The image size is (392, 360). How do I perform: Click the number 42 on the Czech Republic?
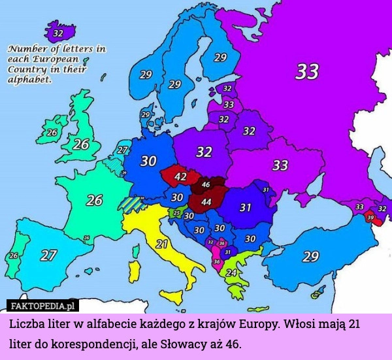click(180, 176)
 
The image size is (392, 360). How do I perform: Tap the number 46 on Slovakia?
click(205, 185)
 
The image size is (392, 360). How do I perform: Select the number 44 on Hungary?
click(205, 202)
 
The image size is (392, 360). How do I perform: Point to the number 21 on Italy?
click(162, 244)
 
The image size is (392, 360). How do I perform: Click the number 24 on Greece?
click(231, 272)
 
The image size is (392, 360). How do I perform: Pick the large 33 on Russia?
click(306, 71)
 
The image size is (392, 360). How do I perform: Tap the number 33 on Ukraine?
click(280, 165)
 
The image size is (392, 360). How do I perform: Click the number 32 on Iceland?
click(58, 33)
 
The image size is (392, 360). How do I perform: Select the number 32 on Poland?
click(204, 152)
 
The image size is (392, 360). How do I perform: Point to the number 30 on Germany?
click(148, 160)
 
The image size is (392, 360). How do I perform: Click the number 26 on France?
click(94, 200)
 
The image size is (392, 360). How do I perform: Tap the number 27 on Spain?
click(48, 255)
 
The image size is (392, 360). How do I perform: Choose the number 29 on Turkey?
click(310, 255)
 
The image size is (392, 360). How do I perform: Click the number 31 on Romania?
click(245, 207)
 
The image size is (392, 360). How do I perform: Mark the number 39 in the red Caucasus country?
click(370, 218)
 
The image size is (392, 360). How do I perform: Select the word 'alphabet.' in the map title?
click(29, 78)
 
